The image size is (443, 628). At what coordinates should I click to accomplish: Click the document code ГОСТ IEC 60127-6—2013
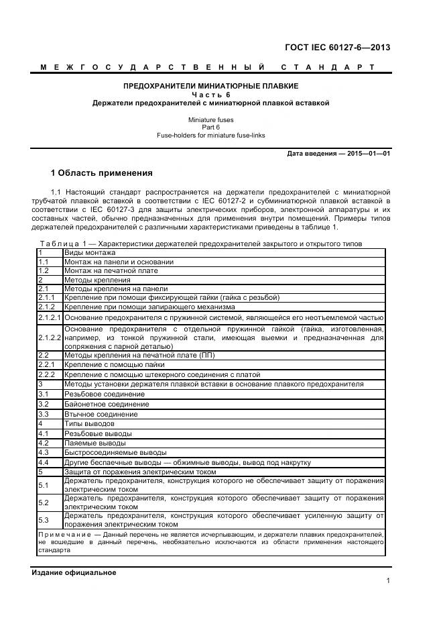(338, 48)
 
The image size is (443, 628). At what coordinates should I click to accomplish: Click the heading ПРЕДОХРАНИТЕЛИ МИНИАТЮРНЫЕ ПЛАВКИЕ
(211, 87)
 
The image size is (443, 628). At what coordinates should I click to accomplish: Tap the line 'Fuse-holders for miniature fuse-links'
(211, 135)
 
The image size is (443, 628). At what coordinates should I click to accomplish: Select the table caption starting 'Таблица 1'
(60, 244)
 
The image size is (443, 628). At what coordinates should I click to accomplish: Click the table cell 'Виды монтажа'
(90, 252)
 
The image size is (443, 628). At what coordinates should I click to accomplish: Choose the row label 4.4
(44, 463)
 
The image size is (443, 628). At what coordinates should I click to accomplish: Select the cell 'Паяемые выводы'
(94, 443)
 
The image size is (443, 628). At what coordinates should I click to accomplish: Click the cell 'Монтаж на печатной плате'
(111, 270)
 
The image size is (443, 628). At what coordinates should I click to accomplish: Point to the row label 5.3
(44, 520)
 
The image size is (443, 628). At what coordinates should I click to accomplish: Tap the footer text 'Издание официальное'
(74, 572)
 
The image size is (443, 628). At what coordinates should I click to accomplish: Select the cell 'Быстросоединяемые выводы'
(115, 453)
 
